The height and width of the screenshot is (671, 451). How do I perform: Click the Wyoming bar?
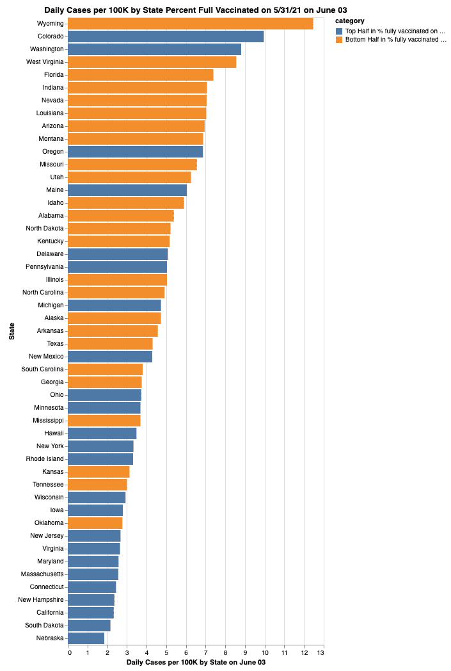pos(190,24)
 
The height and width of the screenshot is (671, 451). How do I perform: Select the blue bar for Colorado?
pos(166,36)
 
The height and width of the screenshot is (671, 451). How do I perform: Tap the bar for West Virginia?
pos(152,62)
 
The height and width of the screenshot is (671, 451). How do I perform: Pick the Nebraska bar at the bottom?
pos(86,638)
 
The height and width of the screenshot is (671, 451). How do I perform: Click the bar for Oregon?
pos(135,152)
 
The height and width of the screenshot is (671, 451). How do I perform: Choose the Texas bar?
pos(110,344)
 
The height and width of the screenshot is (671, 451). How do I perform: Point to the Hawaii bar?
pos(102,433)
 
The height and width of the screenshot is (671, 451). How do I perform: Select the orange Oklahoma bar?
pos(95,523)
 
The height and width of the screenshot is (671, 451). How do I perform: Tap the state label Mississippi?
pos(48,421)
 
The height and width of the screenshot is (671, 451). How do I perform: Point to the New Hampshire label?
pos(40,600)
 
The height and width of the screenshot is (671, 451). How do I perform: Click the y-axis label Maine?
pos(55,190)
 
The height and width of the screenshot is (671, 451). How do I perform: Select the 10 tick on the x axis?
pos(265,653)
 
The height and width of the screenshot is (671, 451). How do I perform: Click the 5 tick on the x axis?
pos(167,653)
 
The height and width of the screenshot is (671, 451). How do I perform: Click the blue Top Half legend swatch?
pos(339,31)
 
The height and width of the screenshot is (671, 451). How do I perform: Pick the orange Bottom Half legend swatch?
pos(339,40)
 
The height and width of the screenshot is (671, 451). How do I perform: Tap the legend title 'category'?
pos(350,21)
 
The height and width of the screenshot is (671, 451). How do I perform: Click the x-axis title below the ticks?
pos(196,663)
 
